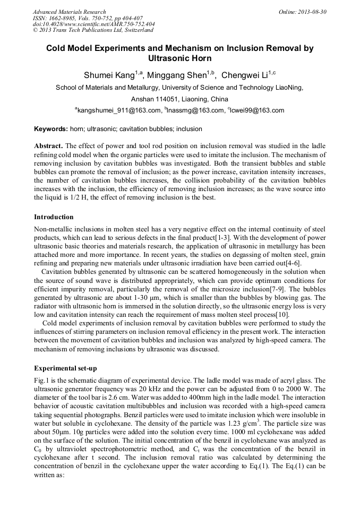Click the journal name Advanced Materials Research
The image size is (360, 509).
coord(70,12)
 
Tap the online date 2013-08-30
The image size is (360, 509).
coord(312,12)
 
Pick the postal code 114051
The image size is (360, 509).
coord(166,99)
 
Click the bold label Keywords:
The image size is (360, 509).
coord(51,129)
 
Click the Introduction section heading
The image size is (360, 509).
coord(54,217)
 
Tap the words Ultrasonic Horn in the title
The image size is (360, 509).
coord(180,58)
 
